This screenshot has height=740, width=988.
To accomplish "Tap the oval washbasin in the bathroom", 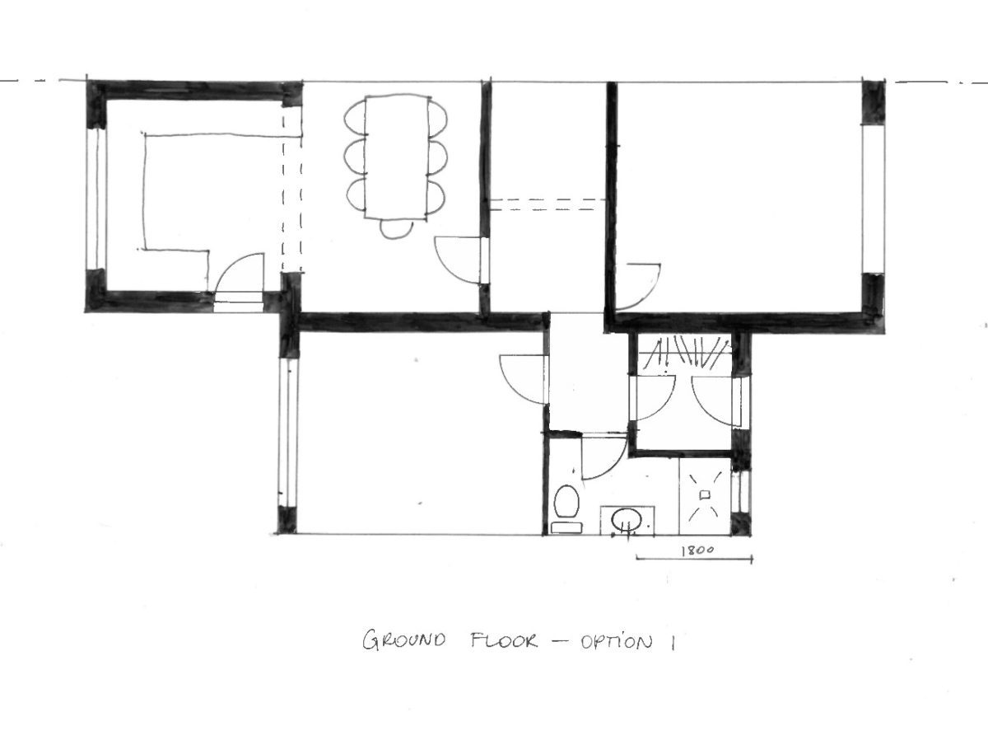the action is click(x=626, y=521).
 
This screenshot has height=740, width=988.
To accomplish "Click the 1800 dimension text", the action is click(x=697, y=550).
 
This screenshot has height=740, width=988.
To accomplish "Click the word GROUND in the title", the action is click(x=403, y=640).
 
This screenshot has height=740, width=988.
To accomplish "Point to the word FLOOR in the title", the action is click(x=504, y=640).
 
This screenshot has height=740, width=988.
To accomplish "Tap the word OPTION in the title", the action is click(x=616, y=641).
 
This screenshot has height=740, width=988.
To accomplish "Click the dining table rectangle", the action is click(x=397, y=157).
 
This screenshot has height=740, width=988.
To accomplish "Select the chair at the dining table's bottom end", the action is click(x=396, y=229).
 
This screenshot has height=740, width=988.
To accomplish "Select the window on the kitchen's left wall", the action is click(x=96, y=199).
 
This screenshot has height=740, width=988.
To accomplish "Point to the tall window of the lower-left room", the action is click(x=288, y=433).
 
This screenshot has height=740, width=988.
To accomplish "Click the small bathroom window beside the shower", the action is click(x=741, y=492).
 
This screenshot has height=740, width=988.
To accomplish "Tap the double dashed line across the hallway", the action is click(x=547, y=205).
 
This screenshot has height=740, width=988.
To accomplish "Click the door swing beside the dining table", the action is click(x=459, y=260).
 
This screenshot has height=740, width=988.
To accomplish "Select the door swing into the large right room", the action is click(x=638, y=287).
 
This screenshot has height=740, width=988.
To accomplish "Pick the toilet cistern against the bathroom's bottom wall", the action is click(x=566, y=527).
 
